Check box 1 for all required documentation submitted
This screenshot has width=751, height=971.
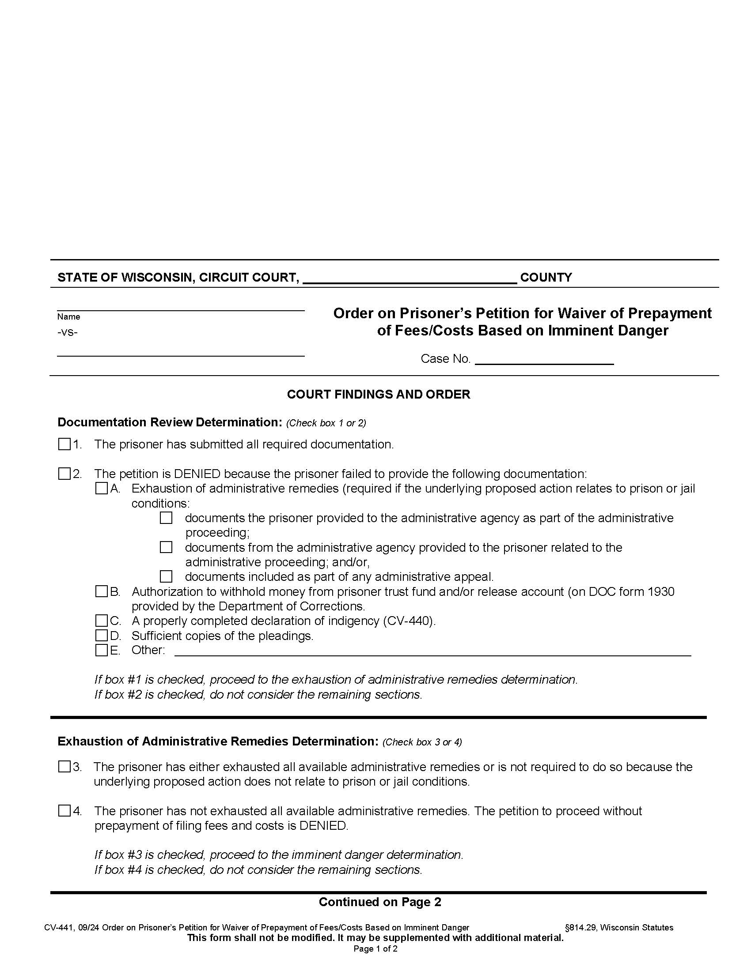click(64, 444)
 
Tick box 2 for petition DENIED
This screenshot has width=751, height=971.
click(64, 474)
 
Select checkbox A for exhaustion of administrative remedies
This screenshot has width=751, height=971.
click(102, 488)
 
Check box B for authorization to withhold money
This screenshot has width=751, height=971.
click(102, 591)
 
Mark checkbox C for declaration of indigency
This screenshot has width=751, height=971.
click(102, 621)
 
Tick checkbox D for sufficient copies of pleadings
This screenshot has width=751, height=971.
click(102, 635)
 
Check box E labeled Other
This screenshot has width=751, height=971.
click(102, 650)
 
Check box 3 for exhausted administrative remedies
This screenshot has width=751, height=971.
click(64, 767)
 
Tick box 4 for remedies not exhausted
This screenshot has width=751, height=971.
click(64, 811)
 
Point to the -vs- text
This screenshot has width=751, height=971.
click(67, 332)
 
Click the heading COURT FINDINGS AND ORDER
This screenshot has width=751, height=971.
click(378, 394)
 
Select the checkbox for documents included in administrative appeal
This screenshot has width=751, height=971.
click(166, 577)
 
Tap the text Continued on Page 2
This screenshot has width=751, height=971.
click(380, 902)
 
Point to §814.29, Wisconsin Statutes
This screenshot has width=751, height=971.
click(619, 927)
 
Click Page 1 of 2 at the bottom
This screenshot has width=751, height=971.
click(375, 949)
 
